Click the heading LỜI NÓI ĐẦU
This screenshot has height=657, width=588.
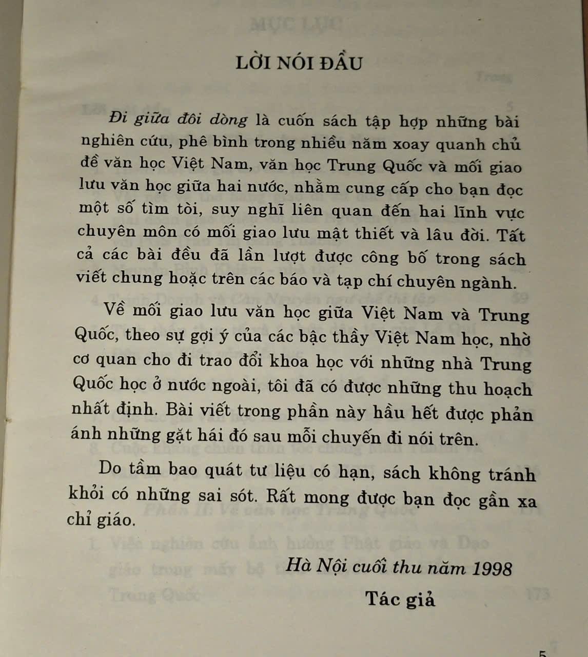[x=299, y=63]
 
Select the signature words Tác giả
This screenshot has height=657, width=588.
[x=400, y=599]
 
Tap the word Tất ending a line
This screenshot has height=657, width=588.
[x=511, y=236]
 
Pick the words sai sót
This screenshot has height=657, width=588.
[x=231, y=495]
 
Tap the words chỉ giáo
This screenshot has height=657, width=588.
[x=101, y=519]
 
